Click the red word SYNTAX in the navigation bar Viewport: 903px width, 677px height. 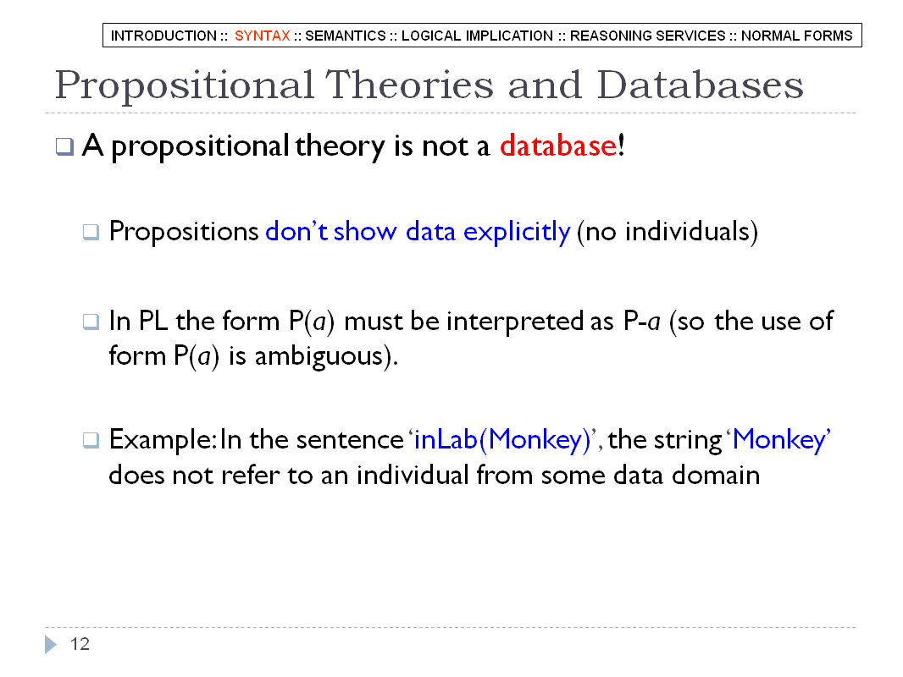pyautogui.click(x=262, y=36)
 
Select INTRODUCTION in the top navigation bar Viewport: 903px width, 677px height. pyautogui.click(x=163, y=36)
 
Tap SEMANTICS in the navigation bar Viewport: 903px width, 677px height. pyautogui.click(x=346, y=36)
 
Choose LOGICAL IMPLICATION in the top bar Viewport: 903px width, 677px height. pyautogui.click(x=477, y=36)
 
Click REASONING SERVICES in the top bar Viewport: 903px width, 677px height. pyautogui.click(x=648, y=36)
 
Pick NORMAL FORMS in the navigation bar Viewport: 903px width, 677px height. pyautogui.click(x=796, y=36)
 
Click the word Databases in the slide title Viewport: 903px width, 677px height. pyautogui.click(x=700, y=85)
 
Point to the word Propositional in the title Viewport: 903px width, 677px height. pyautogui.click(x=185, y=86)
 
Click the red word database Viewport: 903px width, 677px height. pyautogui.click(x=558, y=145)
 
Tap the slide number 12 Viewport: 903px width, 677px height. pyautogui.click(x=80, y=644)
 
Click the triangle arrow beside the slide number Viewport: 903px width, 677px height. pyautogui.click(x=51, y=644)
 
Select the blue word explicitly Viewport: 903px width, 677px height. pyautogui.click(x=517, y=232)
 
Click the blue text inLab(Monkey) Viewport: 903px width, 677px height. pyautogui.click(x=503, y=440)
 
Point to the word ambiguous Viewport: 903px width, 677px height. pyautogui.click(x=319, y=356)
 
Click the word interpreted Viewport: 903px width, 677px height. pyautogui.click(x=515, y=322)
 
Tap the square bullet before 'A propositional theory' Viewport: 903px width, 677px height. pyautogui.click(x=64, y=146)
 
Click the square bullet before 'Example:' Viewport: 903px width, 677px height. pyautogui.click(x=91, y=440)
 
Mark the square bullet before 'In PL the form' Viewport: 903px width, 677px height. pyautogui.click(x=91, y=321)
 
